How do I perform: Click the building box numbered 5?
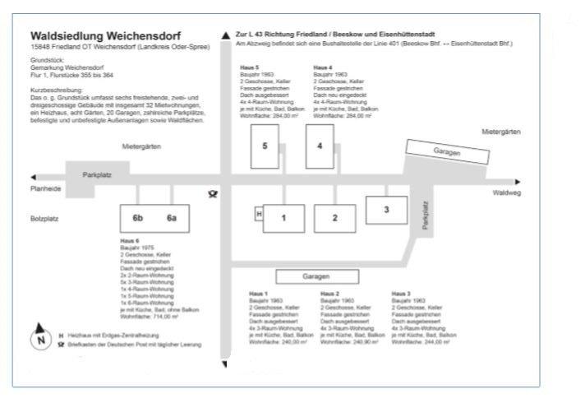tap(265, 146)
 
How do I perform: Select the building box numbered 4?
tap(319, 146)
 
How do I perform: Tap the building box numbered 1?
tap(283, 218)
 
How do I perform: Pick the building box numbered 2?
tap(336, 218)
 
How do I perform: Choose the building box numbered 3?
tap(386, 210)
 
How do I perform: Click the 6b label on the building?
tap(138, 218)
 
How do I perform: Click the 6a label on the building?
tap(172, 218)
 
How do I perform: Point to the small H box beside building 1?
tap(260, 214)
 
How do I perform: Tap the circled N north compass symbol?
tap(40, 340)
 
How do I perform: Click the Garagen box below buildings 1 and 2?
tap(316, 276)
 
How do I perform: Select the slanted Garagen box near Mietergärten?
tap(443, 152)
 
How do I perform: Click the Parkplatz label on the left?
tap(97, 176)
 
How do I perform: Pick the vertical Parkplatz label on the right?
tap(425, 215)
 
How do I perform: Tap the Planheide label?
tap(46, 188)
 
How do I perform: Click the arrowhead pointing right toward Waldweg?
tap(518, 182)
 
